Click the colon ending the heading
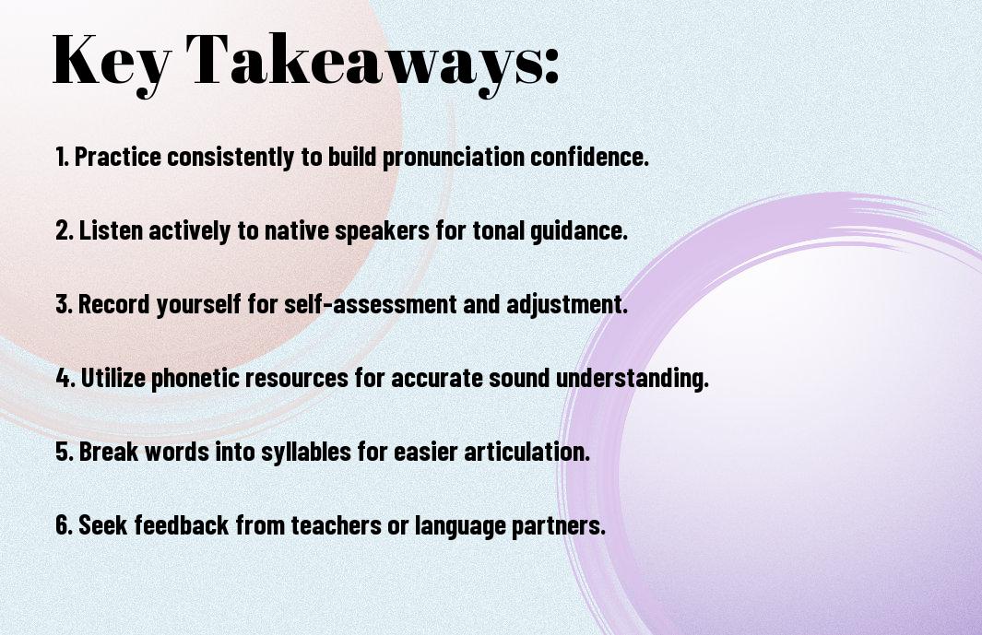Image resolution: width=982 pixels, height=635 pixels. click(551, 66)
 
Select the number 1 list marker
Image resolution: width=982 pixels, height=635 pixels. click(62, 157)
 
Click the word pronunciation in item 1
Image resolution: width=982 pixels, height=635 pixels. click(454, 158)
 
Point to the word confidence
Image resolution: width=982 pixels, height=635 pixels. click(589, 157)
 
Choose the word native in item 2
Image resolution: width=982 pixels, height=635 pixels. click(296, 230)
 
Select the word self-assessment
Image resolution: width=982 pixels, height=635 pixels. click(371, 304)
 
